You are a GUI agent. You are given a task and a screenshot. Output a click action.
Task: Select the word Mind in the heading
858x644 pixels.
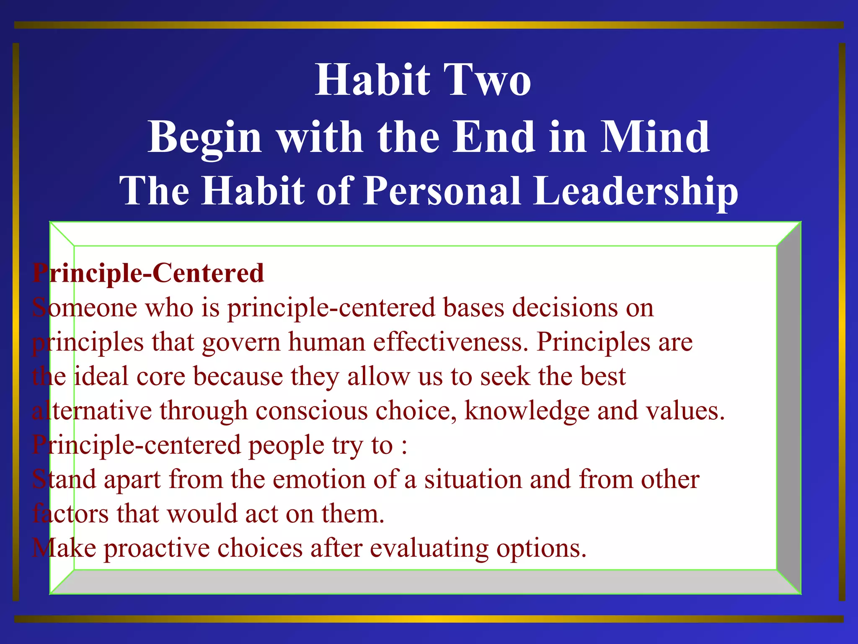tap(655, 137)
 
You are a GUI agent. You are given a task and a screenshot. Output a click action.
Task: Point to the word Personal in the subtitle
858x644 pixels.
tap(443, 191)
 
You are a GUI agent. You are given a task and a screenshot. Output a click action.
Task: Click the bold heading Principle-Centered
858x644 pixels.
tap(148, 273)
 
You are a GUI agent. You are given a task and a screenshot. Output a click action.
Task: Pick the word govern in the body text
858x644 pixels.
tap(241, 343)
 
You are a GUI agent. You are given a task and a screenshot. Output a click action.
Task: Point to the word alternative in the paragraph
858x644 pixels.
tap(92, 411)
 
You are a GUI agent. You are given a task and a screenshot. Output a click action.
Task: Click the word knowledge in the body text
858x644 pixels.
tap(527, 411)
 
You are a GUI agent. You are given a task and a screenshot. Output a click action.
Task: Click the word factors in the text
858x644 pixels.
tap(70, 514)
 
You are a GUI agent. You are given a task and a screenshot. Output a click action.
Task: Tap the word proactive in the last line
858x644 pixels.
tap(157, 549)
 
